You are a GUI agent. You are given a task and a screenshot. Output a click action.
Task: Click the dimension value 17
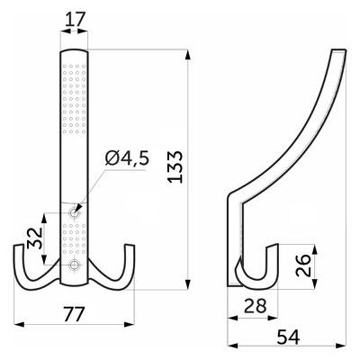click(x=74, y=20)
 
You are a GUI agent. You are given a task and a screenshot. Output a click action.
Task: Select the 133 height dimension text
click(x=175, y=166)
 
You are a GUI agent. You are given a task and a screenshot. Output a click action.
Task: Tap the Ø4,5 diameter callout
click(x=127, y=157)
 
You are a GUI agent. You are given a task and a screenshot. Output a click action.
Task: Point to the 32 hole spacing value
click(x=34, y=238)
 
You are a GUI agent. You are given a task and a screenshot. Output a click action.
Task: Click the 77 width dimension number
click(x=74, y=314)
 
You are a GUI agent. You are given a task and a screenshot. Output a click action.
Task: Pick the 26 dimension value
click(x=303, y=265)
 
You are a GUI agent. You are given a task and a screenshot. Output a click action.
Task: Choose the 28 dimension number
click(x=255, y=306)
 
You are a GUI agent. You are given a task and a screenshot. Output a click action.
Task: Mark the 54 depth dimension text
click(x=288, y=337)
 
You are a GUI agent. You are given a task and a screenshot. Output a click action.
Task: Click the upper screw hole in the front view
click(x=74, y=213)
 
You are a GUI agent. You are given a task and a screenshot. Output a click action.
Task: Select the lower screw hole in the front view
click(x=74, y=265)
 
